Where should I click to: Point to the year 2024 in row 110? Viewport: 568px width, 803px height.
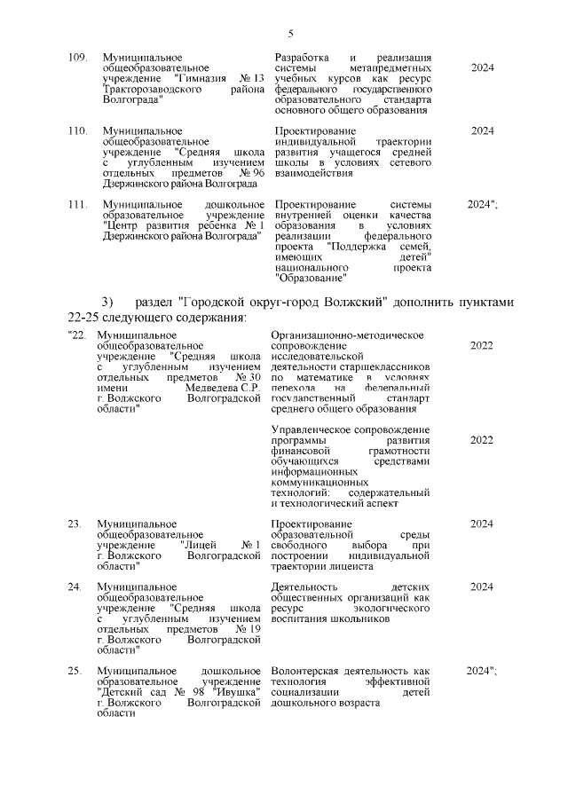click(482, 130)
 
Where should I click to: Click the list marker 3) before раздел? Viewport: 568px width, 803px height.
click(108, 302)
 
